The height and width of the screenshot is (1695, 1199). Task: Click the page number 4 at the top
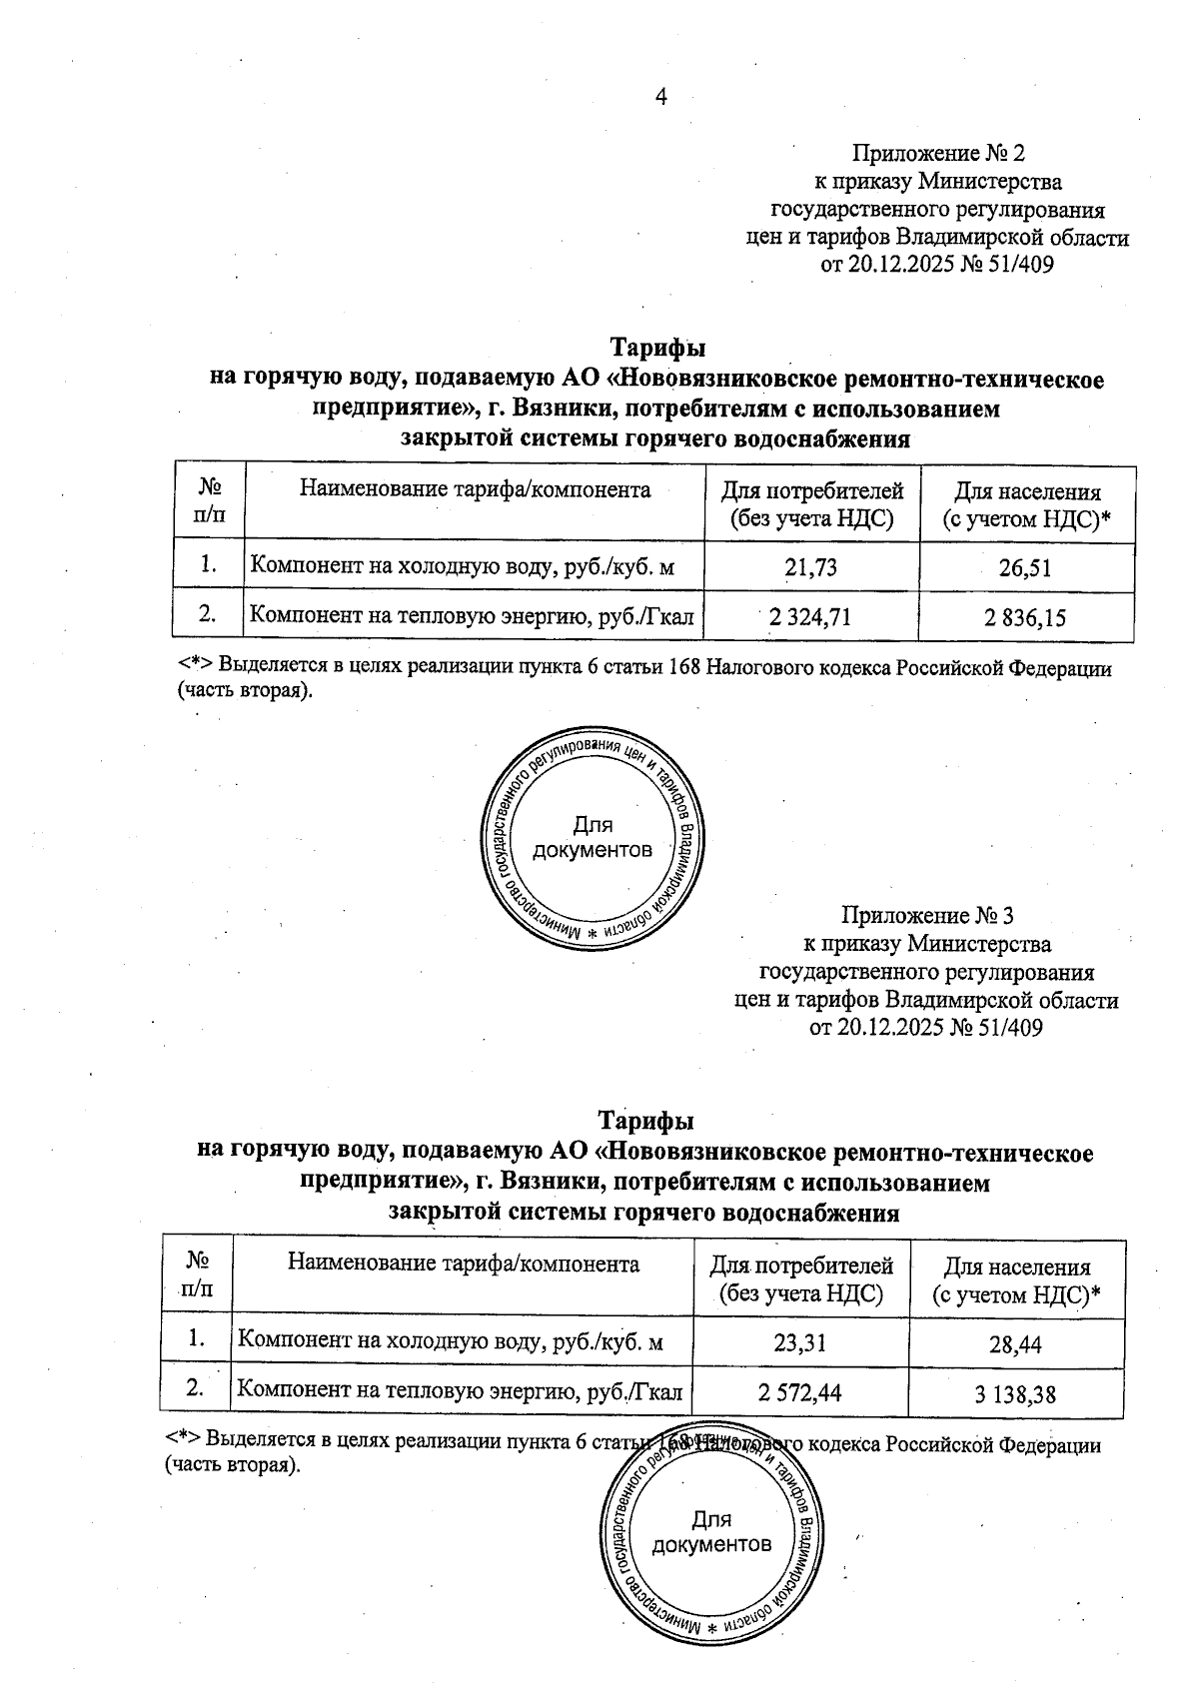(x=659, y=96)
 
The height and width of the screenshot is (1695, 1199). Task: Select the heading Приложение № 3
(x=927, y=915)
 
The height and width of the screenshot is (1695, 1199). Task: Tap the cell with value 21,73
(x=810, y=568)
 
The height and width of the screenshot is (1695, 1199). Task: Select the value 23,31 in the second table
(x=799, y=1343)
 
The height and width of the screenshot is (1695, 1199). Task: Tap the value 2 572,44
(x=799, y=1392)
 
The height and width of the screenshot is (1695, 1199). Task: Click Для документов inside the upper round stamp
(x=593, y=838)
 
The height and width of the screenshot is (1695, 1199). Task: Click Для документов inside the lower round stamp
(x=711, y=1532)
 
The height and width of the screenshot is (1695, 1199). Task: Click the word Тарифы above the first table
(x=657, y=348)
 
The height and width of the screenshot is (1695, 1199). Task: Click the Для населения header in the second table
(x=1016, y=1280)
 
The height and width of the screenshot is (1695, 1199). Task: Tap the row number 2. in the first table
(x=208, y=614)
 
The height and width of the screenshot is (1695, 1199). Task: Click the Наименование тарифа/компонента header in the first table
(x=475, y=489)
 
